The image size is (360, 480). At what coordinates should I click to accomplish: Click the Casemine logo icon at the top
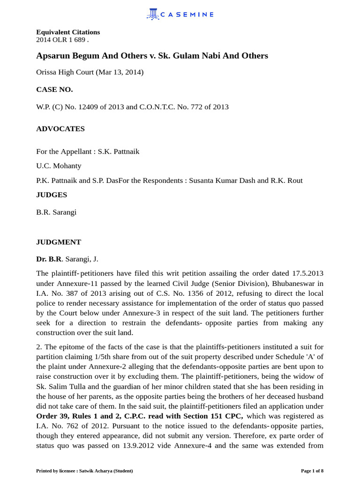coord(153,14)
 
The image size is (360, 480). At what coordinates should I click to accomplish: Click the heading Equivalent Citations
coord(68,32)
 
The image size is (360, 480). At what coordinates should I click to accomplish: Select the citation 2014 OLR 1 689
coord(62,40)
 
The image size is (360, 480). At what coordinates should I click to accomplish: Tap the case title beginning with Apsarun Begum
coord(152,56)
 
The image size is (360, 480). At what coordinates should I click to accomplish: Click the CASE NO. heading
coord(54,90)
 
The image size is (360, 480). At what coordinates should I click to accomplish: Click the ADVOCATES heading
coord(60,129)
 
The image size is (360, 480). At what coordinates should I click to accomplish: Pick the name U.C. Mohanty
coord(59,166)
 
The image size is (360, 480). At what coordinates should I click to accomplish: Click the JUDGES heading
coord(52,195)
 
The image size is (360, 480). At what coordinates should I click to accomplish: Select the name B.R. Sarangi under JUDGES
coord(56,212)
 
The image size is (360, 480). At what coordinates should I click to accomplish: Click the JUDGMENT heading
coord(59,242)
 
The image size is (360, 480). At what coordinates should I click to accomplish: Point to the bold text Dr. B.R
coord(49,259)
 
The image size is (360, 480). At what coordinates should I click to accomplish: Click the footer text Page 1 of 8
coord(312,471)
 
